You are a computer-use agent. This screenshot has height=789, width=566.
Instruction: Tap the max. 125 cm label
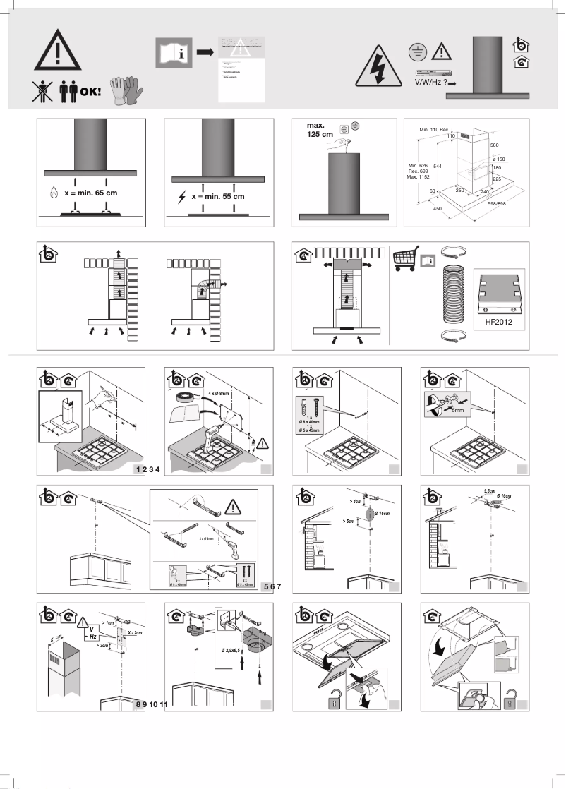(x=320, y=130)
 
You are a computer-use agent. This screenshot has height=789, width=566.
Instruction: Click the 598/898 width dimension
(x=506, y=203)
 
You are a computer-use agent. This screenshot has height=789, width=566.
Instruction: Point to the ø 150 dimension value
(x=500, y=159)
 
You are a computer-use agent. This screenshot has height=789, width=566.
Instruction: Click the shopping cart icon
(x=406, y=258)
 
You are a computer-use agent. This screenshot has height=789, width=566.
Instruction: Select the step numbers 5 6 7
(x=272, y=586)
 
